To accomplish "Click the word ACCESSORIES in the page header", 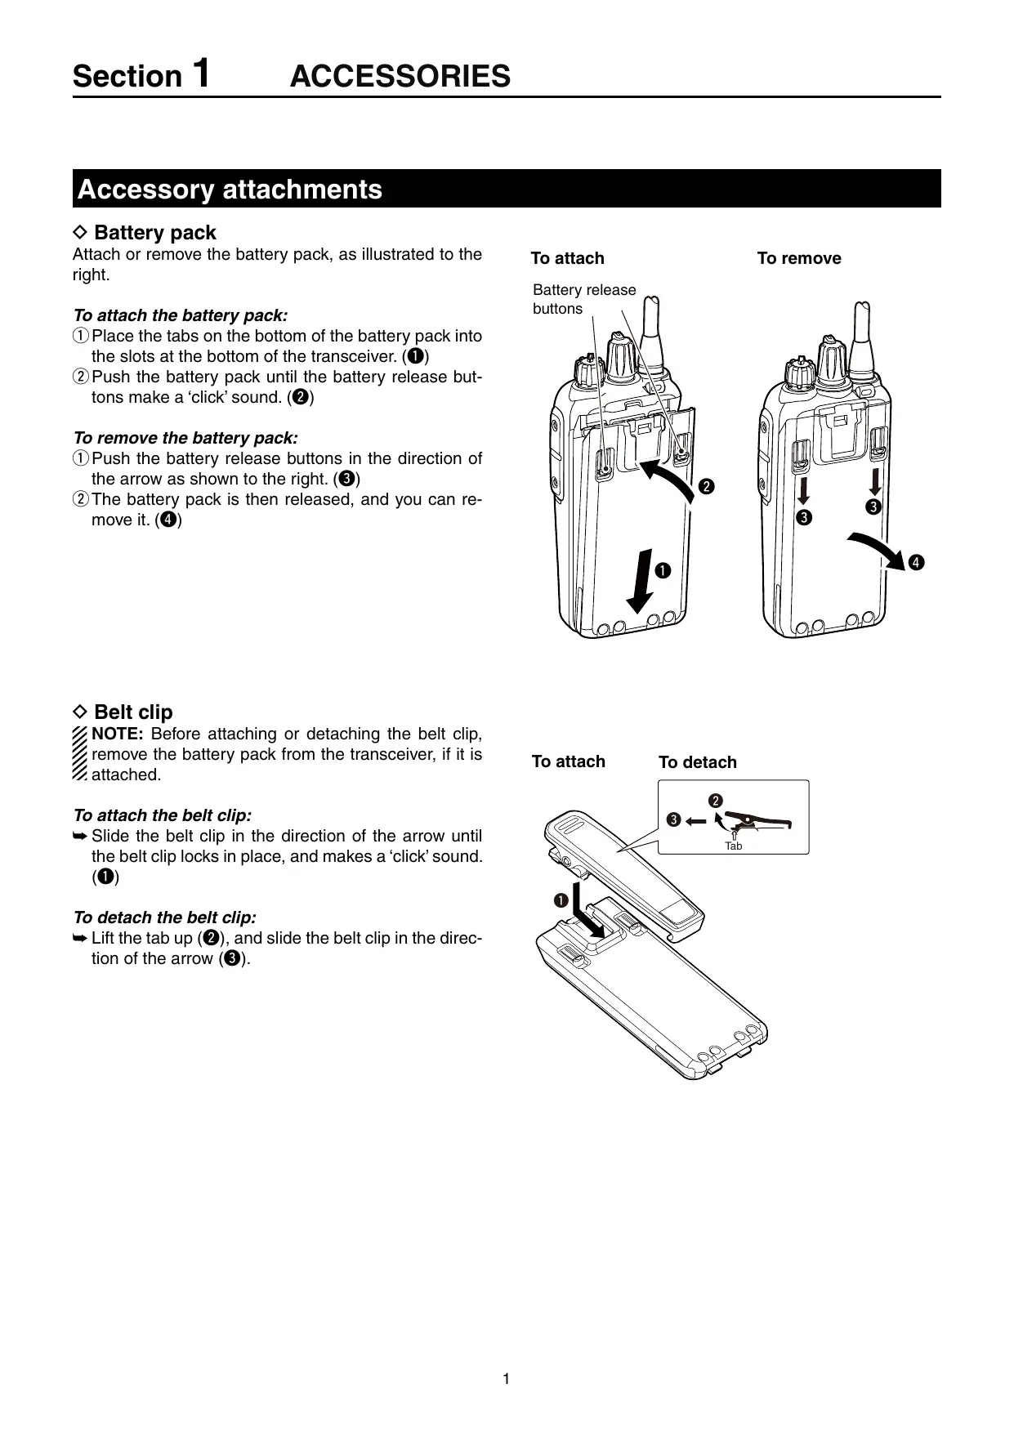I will point(400,76).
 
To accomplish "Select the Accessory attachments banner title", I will point(230,190).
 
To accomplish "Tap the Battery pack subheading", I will point(154,233).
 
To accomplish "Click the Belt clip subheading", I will point(133,712).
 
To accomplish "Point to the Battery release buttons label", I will point(583,299).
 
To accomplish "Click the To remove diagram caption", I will point(798,258).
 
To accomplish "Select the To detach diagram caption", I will point(697,762).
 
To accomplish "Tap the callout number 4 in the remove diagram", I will point(916,562).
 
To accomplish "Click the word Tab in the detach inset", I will point(734,846).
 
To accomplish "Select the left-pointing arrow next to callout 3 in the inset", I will point(695,820).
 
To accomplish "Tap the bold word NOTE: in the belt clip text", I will point(118,734).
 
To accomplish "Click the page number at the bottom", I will point(507,1379).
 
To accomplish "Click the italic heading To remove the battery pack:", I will point(185,438).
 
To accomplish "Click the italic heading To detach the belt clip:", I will point(164,917).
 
